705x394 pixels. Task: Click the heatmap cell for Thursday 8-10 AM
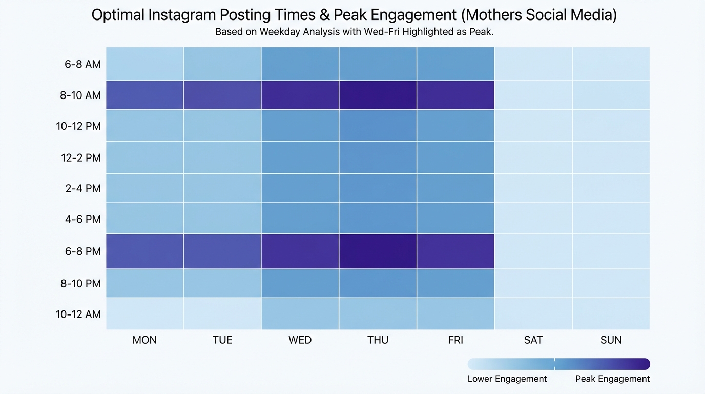click(378, 95)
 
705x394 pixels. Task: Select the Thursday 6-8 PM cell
click(378, 251)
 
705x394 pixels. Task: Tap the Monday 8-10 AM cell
click(144, 95)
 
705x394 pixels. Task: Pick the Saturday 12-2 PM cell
click(533, 157)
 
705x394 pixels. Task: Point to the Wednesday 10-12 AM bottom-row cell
click(300, 314)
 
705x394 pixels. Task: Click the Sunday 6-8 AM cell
click(611, 64)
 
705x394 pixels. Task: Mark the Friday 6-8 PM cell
click(455, 251)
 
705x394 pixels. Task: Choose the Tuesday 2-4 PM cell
click(222, 188)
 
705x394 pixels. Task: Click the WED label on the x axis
click(300, 340)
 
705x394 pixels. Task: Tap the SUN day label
click(611, 340)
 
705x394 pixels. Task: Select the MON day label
click(144, 340)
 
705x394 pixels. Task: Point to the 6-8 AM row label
click(82, 64)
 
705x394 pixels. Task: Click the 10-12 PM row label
click(78, 126)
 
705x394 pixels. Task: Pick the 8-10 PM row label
click(80, 283)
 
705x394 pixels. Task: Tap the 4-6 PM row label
click(82, 220)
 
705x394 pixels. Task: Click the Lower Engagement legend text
click(507, 379)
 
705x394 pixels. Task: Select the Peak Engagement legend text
click(612, 379)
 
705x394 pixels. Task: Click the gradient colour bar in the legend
click(558, 364)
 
